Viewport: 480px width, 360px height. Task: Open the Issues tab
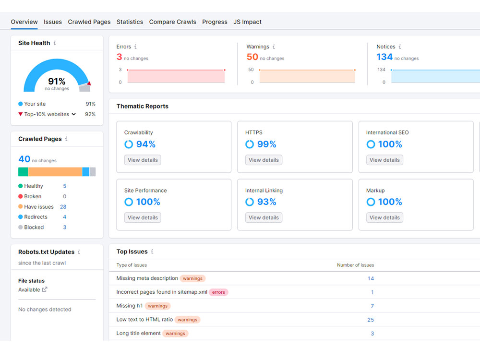click(53, 22)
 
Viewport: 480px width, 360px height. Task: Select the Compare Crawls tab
click(172, 22)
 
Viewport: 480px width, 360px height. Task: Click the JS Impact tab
click(247, 22)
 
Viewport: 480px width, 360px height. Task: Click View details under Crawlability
click(143, 160)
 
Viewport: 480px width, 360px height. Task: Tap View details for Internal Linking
click(264, 217)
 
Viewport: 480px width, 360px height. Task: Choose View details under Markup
click(384, 217)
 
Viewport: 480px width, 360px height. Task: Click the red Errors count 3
click(119, 57)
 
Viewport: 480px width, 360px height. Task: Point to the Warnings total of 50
click(252, 57)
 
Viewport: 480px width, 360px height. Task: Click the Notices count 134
click(384, 57)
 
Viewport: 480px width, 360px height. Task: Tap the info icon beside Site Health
click(55, 43)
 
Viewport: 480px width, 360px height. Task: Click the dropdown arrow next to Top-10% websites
click(74, 114)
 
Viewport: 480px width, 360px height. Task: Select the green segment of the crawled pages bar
click(23, 172)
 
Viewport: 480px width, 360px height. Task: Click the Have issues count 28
click(63, 206)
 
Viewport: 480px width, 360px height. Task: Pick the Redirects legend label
click(36, 217)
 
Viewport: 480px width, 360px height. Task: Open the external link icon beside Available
click(45, 289)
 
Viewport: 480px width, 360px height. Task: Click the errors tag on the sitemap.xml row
click(218, 292)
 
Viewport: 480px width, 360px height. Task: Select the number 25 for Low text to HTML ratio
click(371, 320)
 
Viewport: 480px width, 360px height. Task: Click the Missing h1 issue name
click(130, 305)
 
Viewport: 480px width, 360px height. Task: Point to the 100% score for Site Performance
click(148, 202)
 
